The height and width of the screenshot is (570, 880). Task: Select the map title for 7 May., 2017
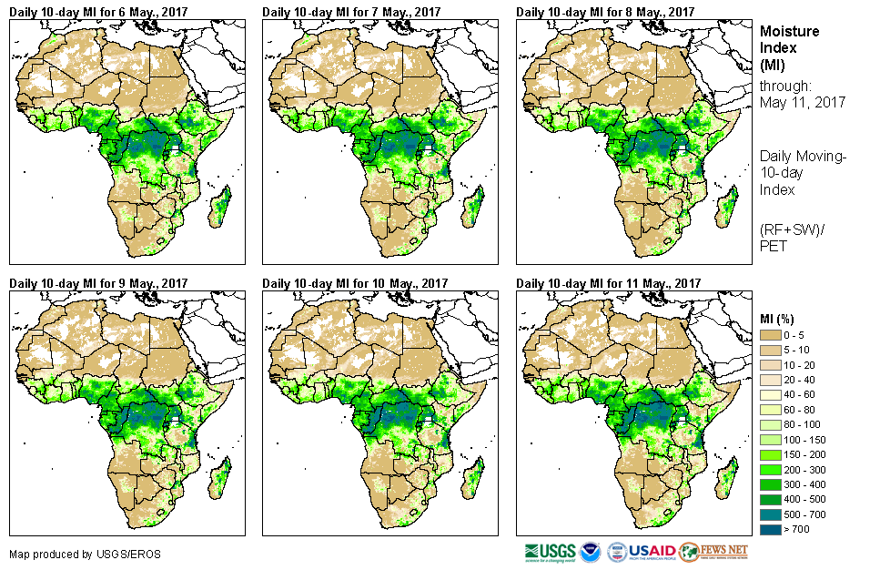tap(351, 12)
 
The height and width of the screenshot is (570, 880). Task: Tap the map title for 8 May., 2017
tap(605, 12)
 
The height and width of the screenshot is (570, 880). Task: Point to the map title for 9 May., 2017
tap(98, 283)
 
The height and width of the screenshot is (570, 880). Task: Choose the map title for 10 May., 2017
tap(355, 283)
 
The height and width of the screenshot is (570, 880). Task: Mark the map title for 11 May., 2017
tap(609, 283)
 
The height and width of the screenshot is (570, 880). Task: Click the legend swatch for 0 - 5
tap(771, 336)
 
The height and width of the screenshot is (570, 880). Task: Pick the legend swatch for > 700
tap(771, 527)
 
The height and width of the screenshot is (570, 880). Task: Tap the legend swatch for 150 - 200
tap(771, 453)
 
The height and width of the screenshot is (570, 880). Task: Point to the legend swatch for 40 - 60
tap(771, 395)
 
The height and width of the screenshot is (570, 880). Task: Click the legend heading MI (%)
tap(781, 318)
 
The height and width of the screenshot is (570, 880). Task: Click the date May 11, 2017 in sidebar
tap(803, 102)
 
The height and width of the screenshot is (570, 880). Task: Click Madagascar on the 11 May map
tap(727, 478)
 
